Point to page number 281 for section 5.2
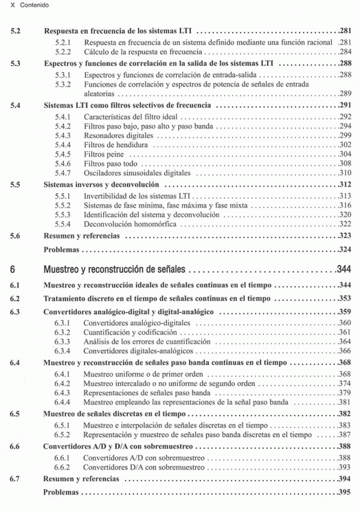(345, 30)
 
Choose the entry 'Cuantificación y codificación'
(131, 333)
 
